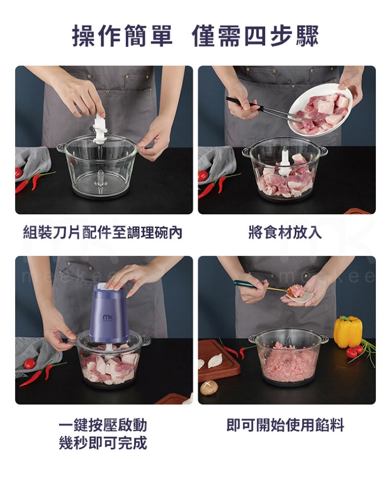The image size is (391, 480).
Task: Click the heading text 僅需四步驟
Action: pos(255,36)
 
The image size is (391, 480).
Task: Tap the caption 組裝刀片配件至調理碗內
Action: pos(103,232)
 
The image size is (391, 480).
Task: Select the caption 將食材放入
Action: pos(285,232)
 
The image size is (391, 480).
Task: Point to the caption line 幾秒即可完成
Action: pos(103,443)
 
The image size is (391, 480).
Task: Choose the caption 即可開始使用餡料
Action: pos(285,425)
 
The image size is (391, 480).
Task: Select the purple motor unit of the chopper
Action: pos(109,313)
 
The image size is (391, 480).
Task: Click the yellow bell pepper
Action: pos(348,332)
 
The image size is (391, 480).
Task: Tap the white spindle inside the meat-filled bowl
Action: pos(284,162)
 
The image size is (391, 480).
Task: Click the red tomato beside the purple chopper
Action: pos(30,364)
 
